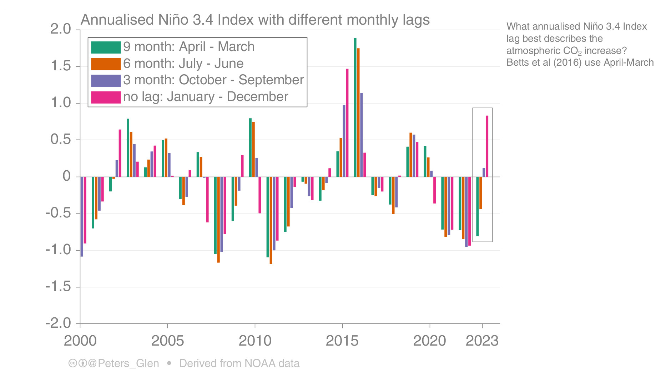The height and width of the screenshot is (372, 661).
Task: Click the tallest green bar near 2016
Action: click(355, 107)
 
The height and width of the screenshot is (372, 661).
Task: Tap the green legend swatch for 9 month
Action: click(106, 47)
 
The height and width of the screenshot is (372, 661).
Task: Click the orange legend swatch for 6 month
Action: click(106, 64)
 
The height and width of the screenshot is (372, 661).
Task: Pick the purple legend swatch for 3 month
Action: click(106, 80)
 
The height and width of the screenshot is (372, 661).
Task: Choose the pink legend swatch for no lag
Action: click(106, 97)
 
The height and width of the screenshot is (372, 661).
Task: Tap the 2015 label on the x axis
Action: click(342, 341)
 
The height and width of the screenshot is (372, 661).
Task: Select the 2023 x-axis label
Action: click(482, 341)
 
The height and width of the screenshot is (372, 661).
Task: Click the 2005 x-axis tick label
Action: click(167, 341)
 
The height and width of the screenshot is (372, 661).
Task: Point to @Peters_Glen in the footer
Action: click(123, 363)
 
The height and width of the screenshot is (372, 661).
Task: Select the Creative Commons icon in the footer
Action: click(72, 363)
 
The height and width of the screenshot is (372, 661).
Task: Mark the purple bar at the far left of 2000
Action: click(82, 216)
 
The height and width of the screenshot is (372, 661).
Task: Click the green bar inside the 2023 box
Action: click(478, 206)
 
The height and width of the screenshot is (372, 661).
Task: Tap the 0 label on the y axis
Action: click(66, 176)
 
